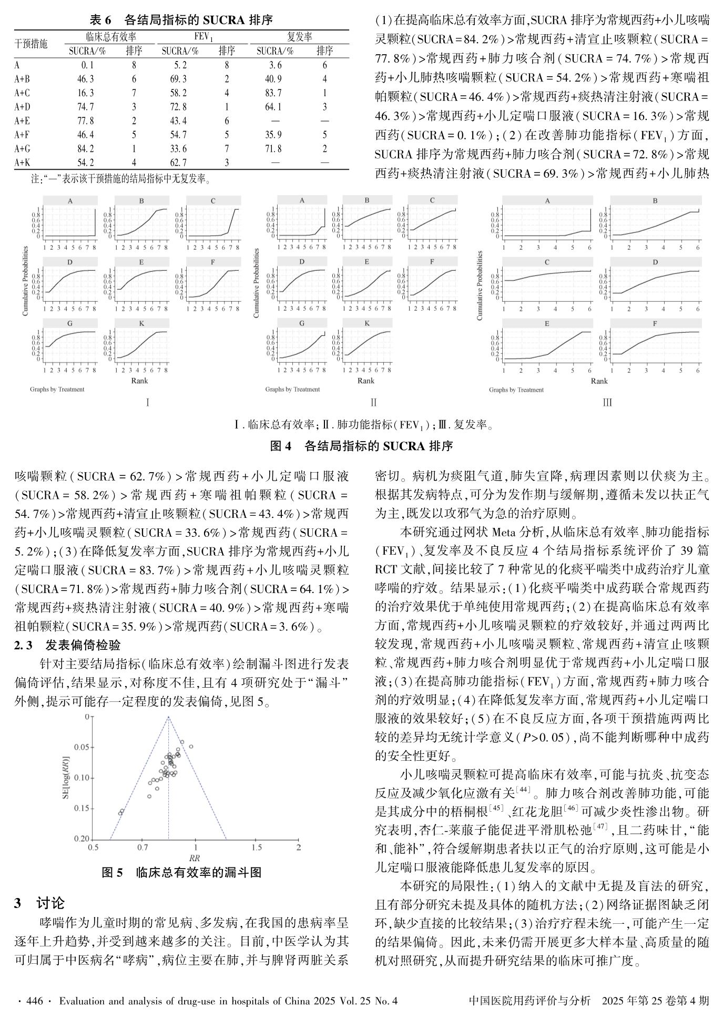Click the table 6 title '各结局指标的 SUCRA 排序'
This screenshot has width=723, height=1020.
(x=181, y=21)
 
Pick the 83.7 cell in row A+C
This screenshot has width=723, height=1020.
(x=273, y=93)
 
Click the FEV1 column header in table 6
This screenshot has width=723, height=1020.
(x=202, y=37)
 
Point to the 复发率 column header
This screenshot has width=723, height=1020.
(x=299, y=37)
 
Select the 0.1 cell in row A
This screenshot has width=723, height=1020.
(x=87, y=65)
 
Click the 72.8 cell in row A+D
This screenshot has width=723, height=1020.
(x=178, y=107)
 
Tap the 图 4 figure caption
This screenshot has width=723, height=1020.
(x=361, y=446)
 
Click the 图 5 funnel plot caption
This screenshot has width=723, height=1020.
(x=181, y=873)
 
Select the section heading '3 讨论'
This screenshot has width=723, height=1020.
(x=39, y=903)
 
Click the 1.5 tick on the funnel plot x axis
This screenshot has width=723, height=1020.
(x=256, y=848)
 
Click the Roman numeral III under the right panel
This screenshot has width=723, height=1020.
(x=607, y=403)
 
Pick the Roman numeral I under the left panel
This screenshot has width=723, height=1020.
(x=148, y=403)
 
